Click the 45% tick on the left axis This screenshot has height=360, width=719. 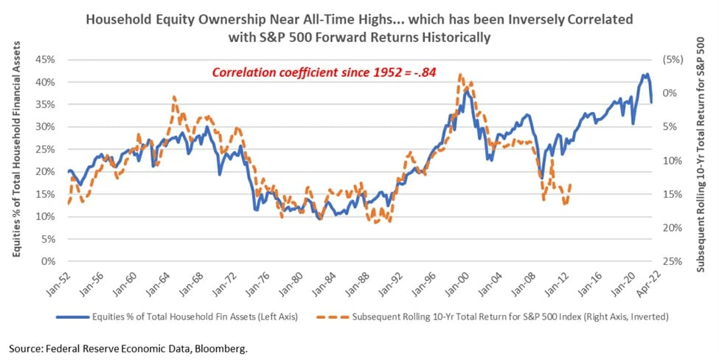click(x=49, y=60)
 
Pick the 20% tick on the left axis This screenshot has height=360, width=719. click(x=49, y=171)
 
